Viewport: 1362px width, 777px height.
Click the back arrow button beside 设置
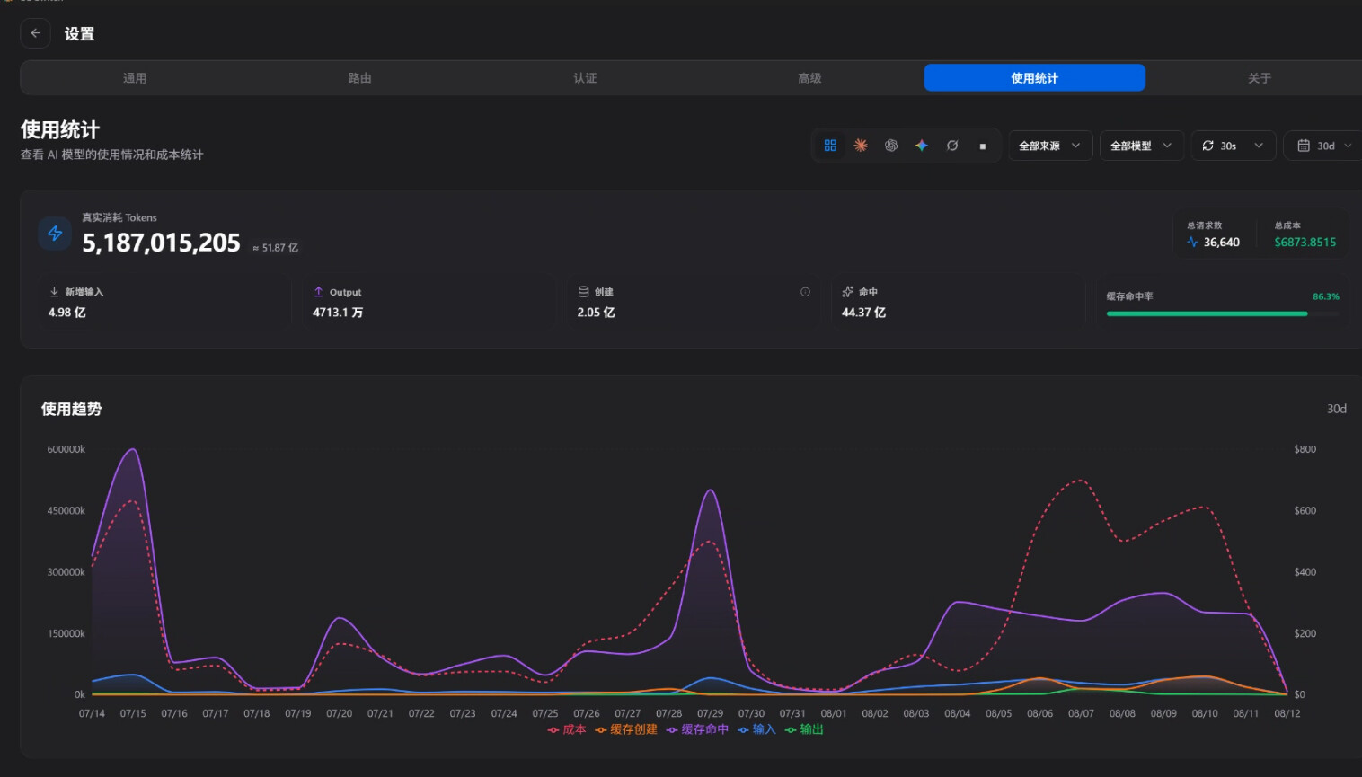click(x=35, y=33)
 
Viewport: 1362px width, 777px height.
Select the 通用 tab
click(x=135, y=78)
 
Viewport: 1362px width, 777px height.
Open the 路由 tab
click(x=359, y=78)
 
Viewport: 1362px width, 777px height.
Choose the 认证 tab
click(x=585, y=78)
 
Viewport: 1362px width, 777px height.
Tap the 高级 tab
click(x=809, y=78)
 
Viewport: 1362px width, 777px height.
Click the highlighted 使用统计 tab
click(x=1034, y=78)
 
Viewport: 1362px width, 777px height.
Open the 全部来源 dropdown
click(x=1050, y=146)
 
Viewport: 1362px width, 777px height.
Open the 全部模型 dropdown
click(x=1141, y=146)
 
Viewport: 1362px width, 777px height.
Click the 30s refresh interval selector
click(x=1234, y=146)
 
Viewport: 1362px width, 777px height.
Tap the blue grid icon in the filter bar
click(x=830, y=146)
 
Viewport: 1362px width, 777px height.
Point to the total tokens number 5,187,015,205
click(x=161, y=243)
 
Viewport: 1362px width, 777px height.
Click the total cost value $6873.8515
click(x=1305, y=242)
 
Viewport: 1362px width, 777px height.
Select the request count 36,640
click(x=1221, y=242)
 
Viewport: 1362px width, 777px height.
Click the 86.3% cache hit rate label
click(x=1325, y=296)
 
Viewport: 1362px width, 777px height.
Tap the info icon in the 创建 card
click(x=805, y=292)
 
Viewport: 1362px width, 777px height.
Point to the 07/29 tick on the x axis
click(x=710, y=713)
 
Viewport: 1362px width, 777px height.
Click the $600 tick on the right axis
click(x=1305, y=511)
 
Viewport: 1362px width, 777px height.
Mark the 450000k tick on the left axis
click(x=66, y=511)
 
